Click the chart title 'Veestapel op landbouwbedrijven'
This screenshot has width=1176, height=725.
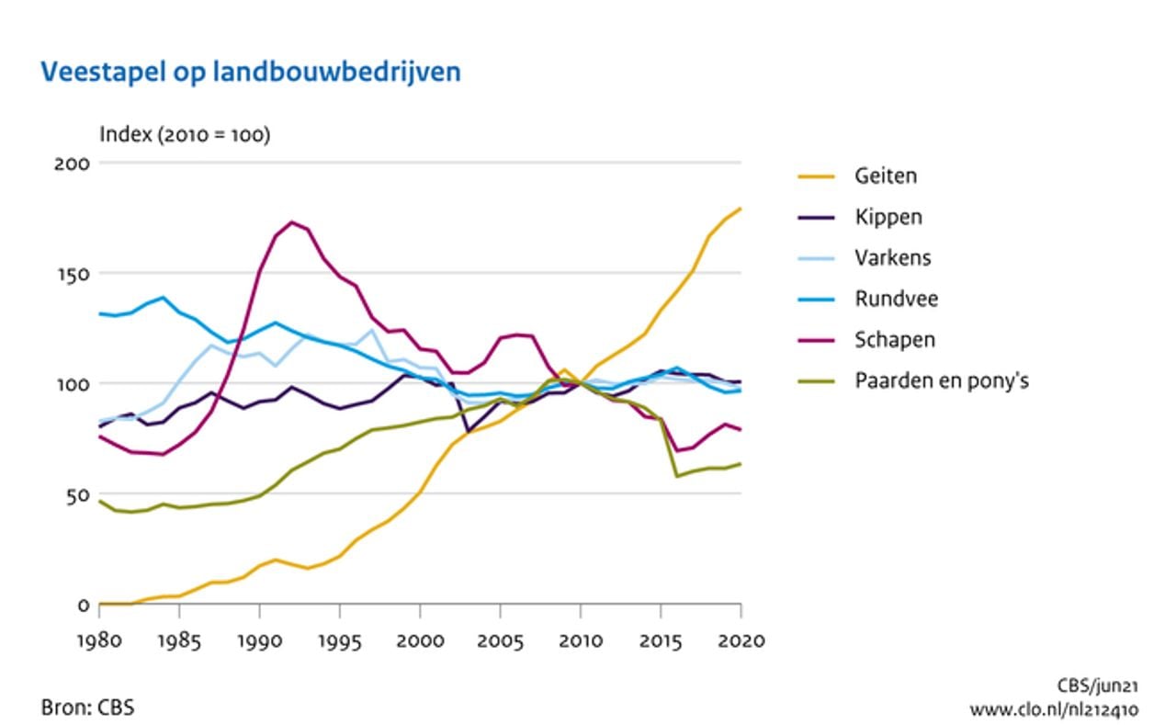pos(249,73)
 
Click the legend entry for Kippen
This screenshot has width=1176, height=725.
pos(888,217)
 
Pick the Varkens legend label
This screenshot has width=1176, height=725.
pos(892,257)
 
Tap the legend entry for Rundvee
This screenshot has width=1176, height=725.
pos(896,299)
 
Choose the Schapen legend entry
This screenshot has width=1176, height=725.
pos(894,339)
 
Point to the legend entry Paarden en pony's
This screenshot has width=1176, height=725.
pos(941,379)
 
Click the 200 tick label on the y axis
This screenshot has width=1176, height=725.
pos(76,164)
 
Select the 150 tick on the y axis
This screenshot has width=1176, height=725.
pos(76,274)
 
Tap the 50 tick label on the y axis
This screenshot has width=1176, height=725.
pos(81,495)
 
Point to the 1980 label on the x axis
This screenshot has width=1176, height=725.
pos(99,640)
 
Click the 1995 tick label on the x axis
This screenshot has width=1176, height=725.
pos(340,640)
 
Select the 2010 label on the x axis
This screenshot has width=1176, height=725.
pos(580,640)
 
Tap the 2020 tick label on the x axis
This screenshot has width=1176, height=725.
pos(741,640)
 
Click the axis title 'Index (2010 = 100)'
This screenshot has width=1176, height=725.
pos(185,135)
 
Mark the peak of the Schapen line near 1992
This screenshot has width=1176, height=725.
pos(292,221)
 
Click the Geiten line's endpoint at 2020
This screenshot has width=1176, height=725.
pos(741,209)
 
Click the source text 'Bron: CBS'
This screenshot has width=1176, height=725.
pos(88,708)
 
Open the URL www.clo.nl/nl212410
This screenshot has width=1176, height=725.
pos(1054,709)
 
